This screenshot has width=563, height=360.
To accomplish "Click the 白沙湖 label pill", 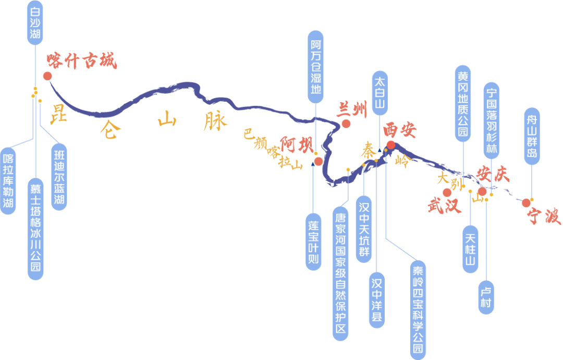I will pyautogui.click(x=35, y=22).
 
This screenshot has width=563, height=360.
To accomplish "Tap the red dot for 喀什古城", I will pyautogui.click(x=47, y=76).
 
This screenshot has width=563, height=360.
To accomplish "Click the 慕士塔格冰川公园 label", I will pyautogui.click(x=35, y=230).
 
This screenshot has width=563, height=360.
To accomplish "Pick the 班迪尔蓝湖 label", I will pyautogui.click(x=59, y=177).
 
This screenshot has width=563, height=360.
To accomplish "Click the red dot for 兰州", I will pyautogui.click(x=346, y=124).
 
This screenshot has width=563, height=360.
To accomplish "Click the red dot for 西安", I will pyautogui.click(x=390, y=145).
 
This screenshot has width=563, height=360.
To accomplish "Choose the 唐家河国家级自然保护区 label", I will pyautogui.click(x=341, y=272).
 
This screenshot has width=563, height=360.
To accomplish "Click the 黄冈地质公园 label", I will pyautogui.click(x=463, y=104).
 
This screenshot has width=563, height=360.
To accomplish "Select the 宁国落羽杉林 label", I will pyautogui.click(x=491, y=120).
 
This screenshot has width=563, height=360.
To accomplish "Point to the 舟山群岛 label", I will pyautogui.click(x=532, y=136).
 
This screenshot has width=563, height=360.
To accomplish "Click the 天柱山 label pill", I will pyautogui.click(x=470, y=249).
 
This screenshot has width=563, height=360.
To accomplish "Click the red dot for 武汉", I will pyautogui.click(x=447, y=193).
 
